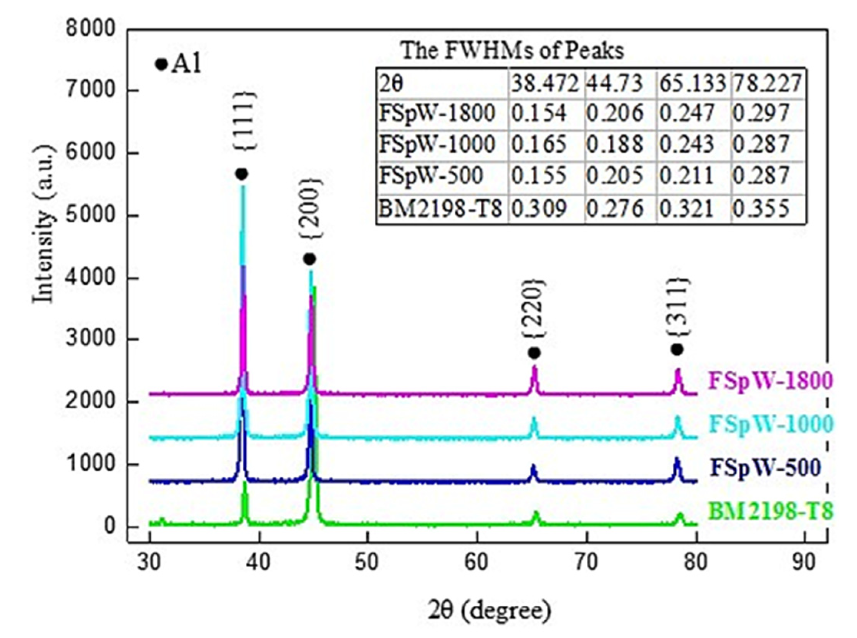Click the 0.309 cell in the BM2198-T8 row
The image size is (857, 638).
pos(539,209)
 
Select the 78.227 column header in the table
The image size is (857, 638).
pos(767,83)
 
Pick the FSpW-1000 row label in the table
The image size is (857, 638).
pos(437,144)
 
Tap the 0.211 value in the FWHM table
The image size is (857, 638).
pos(686,176)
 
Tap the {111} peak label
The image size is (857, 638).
pos(244,121)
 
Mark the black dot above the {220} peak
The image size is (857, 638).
pos(534,353)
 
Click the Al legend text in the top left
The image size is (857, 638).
pos(187,64)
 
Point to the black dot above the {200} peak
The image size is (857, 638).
pos(309,259)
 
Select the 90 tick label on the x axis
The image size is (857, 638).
pos(804,563)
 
